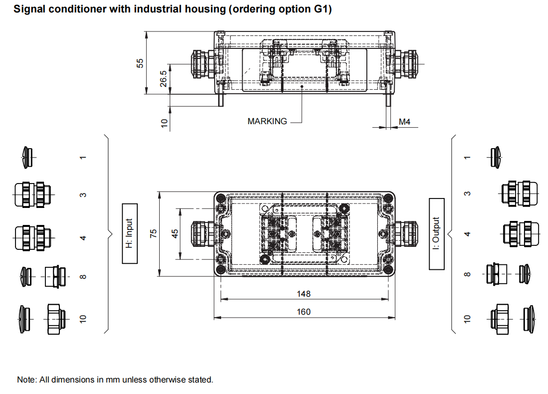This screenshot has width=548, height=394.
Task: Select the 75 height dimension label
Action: point(154,233)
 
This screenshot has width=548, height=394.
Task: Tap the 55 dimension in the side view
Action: point(140,63)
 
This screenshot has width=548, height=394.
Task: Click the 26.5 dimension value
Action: point(164,79)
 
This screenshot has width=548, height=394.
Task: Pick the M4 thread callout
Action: point(405,121)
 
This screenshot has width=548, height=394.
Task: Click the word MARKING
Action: point(267,121)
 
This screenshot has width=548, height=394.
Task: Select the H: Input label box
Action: point(130,233)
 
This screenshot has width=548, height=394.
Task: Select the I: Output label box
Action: point(436,233)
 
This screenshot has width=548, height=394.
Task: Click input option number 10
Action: point(83,318)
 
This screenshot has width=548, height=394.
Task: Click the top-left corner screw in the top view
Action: point(220,198)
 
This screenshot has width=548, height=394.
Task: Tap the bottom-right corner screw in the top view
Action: point(389,269)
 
